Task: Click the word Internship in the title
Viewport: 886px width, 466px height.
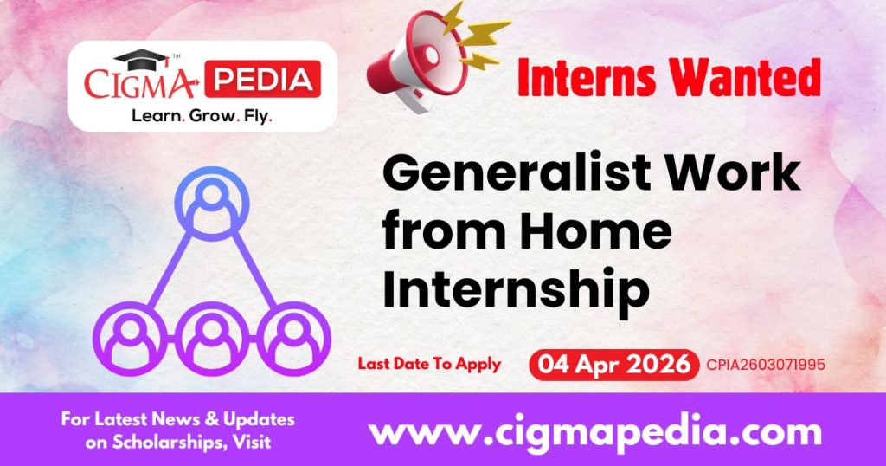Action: click(x=516, y=288)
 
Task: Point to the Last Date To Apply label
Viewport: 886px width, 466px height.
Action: click(x=429, y=364)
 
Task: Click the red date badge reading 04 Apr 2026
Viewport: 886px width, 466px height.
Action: click(x=614, y=364)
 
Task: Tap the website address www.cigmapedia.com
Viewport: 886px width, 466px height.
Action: click(x=595, y=430)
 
